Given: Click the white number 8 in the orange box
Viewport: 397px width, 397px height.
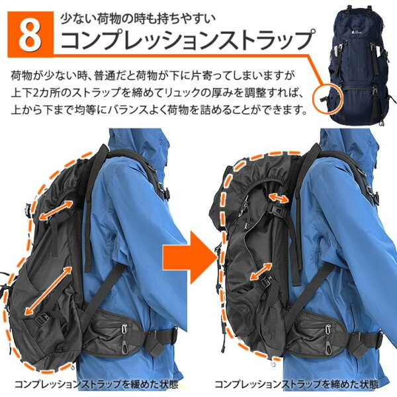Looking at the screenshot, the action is click(30, 34).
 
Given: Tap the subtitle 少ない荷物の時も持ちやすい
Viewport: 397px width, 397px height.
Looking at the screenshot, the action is click(138, 19).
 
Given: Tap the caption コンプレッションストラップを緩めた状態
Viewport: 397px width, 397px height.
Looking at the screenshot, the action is click(96, 384).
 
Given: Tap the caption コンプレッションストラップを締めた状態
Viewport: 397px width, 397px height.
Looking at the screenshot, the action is click(296, 384).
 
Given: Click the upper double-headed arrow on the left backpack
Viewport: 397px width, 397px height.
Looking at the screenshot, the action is click(56, 210).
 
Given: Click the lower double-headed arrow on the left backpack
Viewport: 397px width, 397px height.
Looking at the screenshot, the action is click(48, 290).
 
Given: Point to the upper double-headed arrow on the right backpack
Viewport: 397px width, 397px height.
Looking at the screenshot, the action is click(279, 197).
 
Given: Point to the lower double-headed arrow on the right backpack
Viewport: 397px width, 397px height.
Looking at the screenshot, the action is click(261, 271).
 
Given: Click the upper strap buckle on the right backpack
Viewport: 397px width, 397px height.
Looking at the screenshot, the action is click(279, 210).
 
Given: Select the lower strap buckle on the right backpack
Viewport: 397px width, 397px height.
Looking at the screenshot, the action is click(264, 282).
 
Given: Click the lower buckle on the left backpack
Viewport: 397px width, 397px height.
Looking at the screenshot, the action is click(42, 320).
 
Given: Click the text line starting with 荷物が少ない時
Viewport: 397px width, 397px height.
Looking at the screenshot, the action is click(153, 75).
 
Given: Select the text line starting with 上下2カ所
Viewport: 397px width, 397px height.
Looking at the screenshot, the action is click(157, 93).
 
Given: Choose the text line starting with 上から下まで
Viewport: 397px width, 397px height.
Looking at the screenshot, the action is click(159, 110).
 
